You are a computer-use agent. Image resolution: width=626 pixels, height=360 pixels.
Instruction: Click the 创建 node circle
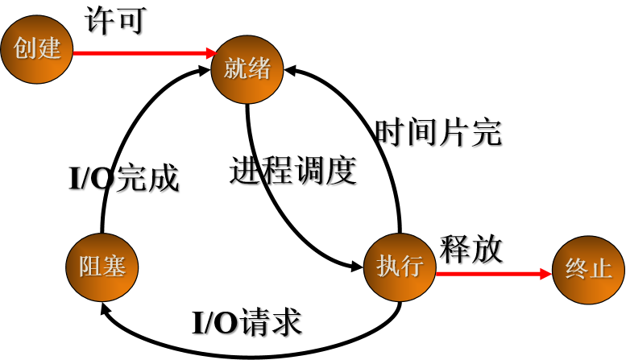point(37,49)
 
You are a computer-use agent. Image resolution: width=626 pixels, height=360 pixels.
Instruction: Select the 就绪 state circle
point(247,69)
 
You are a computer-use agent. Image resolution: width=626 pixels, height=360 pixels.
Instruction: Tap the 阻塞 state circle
point(102,267)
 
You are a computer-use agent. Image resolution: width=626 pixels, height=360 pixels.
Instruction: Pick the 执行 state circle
point(400,267)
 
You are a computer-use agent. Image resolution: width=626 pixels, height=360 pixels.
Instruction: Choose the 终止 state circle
point(588,270)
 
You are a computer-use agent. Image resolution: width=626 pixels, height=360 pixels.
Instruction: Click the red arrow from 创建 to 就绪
point(141,53)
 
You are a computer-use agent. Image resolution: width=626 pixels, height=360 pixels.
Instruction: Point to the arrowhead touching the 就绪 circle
point(212,53)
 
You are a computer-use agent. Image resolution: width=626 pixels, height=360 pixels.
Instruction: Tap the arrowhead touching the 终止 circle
point(546,274)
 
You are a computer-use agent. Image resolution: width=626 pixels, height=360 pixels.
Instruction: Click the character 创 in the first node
point(25,48)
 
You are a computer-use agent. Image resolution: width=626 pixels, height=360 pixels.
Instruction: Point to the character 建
point(49,48)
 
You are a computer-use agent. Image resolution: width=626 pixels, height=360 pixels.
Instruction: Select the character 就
point(235,68)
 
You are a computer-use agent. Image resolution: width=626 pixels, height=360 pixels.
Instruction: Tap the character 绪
point(259,68)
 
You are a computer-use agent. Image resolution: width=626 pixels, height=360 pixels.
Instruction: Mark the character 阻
point(90,267)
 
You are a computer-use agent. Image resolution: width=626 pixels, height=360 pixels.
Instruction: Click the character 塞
point(114,267)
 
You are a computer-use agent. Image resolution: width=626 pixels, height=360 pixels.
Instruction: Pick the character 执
point(388,266)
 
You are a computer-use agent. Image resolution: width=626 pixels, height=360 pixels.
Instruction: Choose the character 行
point(412,266)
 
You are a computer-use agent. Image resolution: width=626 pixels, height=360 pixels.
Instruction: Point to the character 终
point(577,269)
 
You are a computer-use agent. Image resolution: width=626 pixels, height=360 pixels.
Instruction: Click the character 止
point(601,269)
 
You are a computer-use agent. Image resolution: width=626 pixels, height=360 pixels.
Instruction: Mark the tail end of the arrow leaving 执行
point(438,274)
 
